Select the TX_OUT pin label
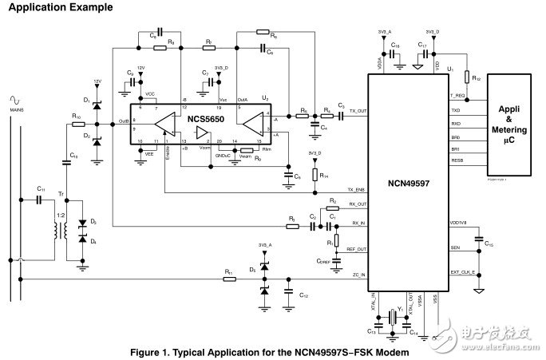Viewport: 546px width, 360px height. click(358, 111)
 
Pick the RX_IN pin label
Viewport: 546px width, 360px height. click(358, 224)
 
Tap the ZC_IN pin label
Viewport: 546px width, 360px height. click(358, 275)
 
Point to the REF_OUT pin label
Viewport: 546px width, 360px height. click(356, 250)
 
